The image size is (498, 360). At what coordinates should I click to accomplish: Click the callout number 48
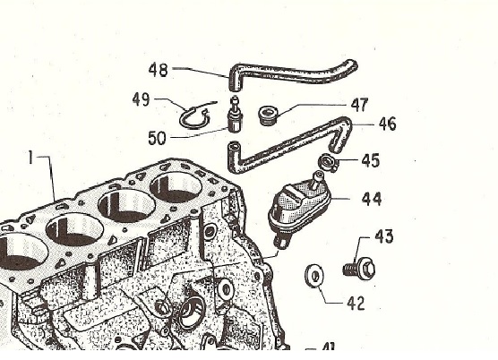tap(159, 70)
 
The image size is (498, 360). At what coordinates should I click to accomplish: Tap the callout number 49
tap(142, 99)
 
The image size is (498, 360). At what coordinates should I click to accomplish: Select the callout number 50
tap(157, 138)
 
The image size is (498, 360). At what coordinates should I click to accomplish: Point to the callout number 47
tap(359, 105)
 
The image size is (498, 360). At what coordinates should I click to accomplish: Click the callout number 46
tap(388, 124)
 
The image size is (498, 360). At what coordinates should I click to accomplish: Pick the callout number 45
tap(370, 160)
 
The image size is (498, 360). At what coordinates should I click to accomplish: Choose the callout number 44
tap(372, 199)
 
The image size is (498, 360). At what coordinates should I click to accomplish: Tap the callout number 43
tap(384, 236)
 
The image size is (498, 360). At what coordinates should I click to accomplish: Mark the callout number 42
tap(356, 304)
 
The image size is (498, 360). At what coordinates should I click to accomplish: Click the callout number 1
tap(30, 158)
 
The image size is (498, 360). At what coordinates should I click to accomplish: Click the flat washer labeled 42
tap(314, 276)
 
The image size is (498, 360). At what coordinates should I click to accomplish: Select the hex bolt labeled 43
tap(359, 270)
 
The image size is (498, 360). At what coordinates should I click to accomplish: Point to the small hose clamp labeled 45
tap(328, 162)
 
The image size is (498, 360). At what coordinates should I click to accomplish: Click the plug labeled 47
tap(269, 116)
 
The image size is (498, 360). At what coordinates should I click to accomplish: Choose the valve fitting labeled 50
tap(236, 116)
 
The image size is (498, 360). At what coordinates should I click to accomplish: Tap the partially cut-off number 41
tap(328, 347)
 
